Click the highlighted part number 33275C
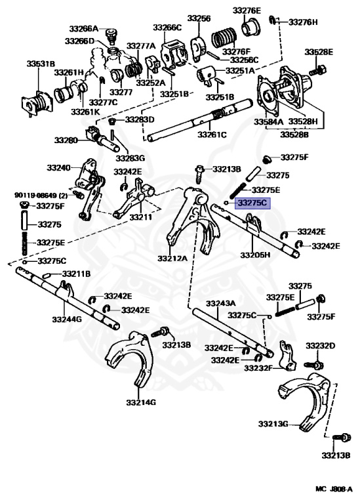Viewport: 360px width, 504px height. click(x=252, y=203)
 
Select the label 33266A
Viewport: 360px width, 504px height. click(x=83, y=29)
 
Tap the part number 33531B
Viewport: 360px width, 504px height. click(x=41, y=64)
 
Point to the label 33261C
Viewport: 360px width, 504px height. click(x=212, y=135)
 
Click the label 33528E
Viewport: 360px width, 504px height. click(x=319, y=52)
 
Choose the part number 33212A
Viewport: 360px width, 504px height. click(x=172, y=258)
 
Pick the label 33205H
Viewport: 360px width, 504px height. click(x=255, y=255)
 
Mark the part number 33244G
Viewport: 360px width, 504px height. click(x=67, y=319)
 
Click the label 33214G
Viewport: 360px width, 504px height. click(x=141, y=402)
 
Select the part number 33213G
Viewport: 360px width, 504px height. click(x=273, y=424)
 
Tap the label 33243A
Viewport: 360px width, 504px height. click(x=220, y=303)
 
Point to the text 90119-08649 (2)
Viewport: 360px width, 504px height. click(x=41, y=195)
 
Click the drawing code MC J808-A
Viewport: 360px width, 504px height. click(x=334, y=489)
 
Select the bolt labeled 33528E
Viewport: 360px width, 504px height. click(x=318, y=70)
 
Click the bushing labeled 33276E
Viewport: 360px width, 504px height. click(x=250, y=28)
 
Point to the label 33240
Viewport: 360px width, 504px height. click(x=58, y=167)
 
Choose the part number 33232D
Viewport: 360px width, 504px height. click(x=320, y=346)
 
